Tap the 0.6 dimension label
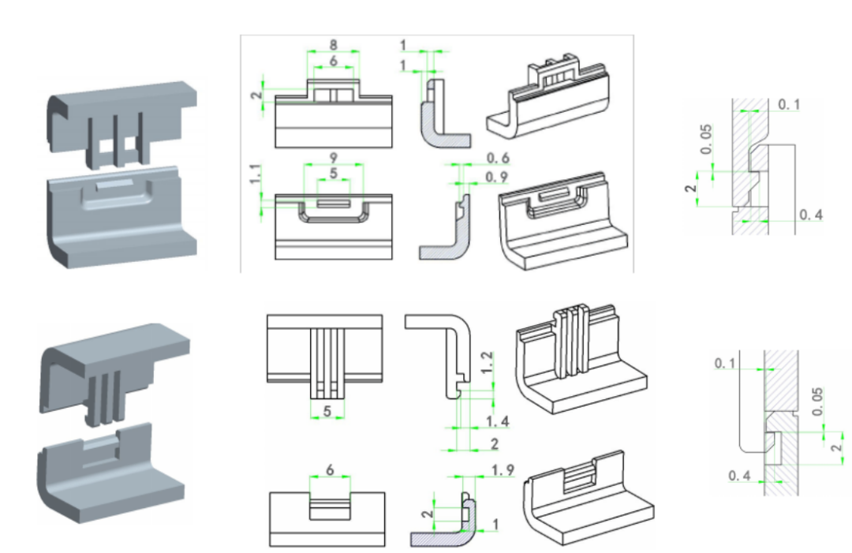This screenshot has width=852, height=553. (x=498, y=159)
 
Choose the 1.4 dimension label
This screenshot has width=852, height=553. (x=498, y=421)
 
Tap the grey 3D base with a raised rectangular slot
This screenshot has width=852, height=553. (x=122, y=213)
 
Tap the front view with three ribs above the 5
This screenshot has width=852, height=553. (x=325, y=355)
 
